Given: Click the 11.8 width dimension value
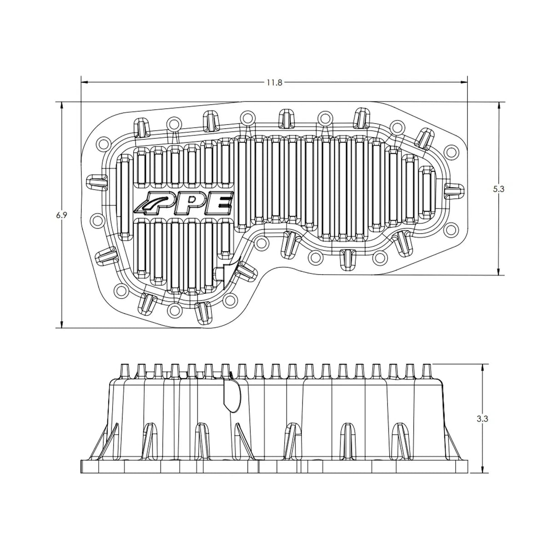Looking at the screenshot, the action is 275,83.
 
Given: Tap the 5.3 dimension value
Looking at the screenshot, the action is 498,189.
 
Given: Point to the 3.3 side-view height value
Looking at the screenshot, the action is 482,419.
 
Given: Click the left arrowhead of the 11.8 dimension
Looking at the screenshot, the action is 85,82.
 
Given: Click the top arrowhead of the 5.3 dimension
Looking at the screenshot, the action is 499,106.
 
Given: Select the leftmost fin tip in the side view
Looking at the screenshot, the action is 124,371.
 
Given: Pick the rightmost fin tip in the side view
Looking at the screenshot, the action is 427,371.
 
